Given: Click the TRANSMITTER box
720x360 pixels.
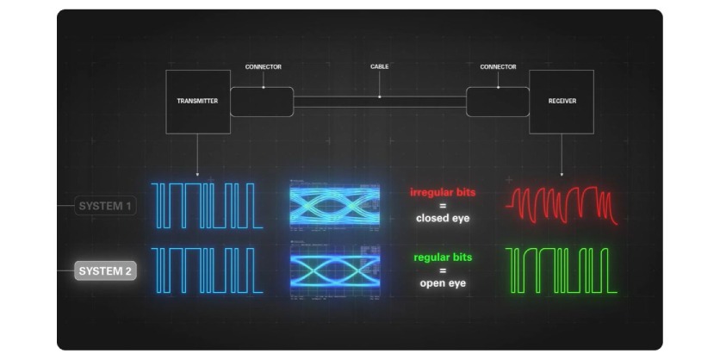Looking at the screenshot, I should point(197,102).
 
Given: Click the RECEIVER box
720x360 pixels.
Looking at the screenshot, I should point(562,102).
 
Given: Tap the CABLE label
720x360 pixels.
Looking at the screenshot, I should point(379,66).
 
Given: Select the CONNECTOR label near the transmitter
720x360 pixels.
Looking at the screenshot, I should point(263,66).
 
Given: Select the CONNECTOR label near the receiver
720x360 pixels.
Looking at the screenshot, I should point(498,66).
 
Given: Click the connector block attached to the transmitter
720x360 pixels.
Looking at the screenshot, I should point(262,102).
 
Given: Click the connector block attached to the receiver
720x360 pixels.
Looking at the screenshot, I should point(498,102).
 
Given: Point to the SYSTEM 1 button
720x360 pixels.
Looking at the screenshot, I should point(105,206).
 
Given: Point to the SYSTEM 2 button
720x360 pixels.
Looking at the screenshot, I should point(105,271).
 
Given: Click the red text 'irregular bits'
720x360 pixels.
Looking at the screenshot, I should point(442,191).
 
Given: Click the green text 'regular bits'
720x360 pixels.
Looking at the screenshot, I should point(442,257).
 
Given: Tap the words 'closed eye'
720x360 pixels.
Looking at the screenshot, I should point(442,219).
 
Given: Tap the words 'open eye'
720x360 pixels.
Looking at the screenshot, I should point(442,283).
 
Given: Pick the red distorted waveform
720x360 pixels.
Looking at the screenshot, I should point(562,205).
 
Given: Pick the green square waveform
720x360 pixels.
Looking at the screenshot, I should point(562,270).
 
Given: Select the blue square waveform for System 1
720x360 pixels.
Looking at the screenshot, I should point(207,205).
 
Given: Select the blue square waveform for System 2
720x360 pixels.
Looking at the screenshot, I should point(207,270).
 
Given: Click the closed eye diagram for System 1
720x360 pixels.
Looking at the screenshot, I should point(334,205).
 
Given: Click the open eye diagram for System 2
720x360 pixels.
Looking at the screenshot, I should point(334,270).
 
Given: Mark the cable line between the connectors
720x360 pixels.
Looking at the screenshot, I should point(379,102).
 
